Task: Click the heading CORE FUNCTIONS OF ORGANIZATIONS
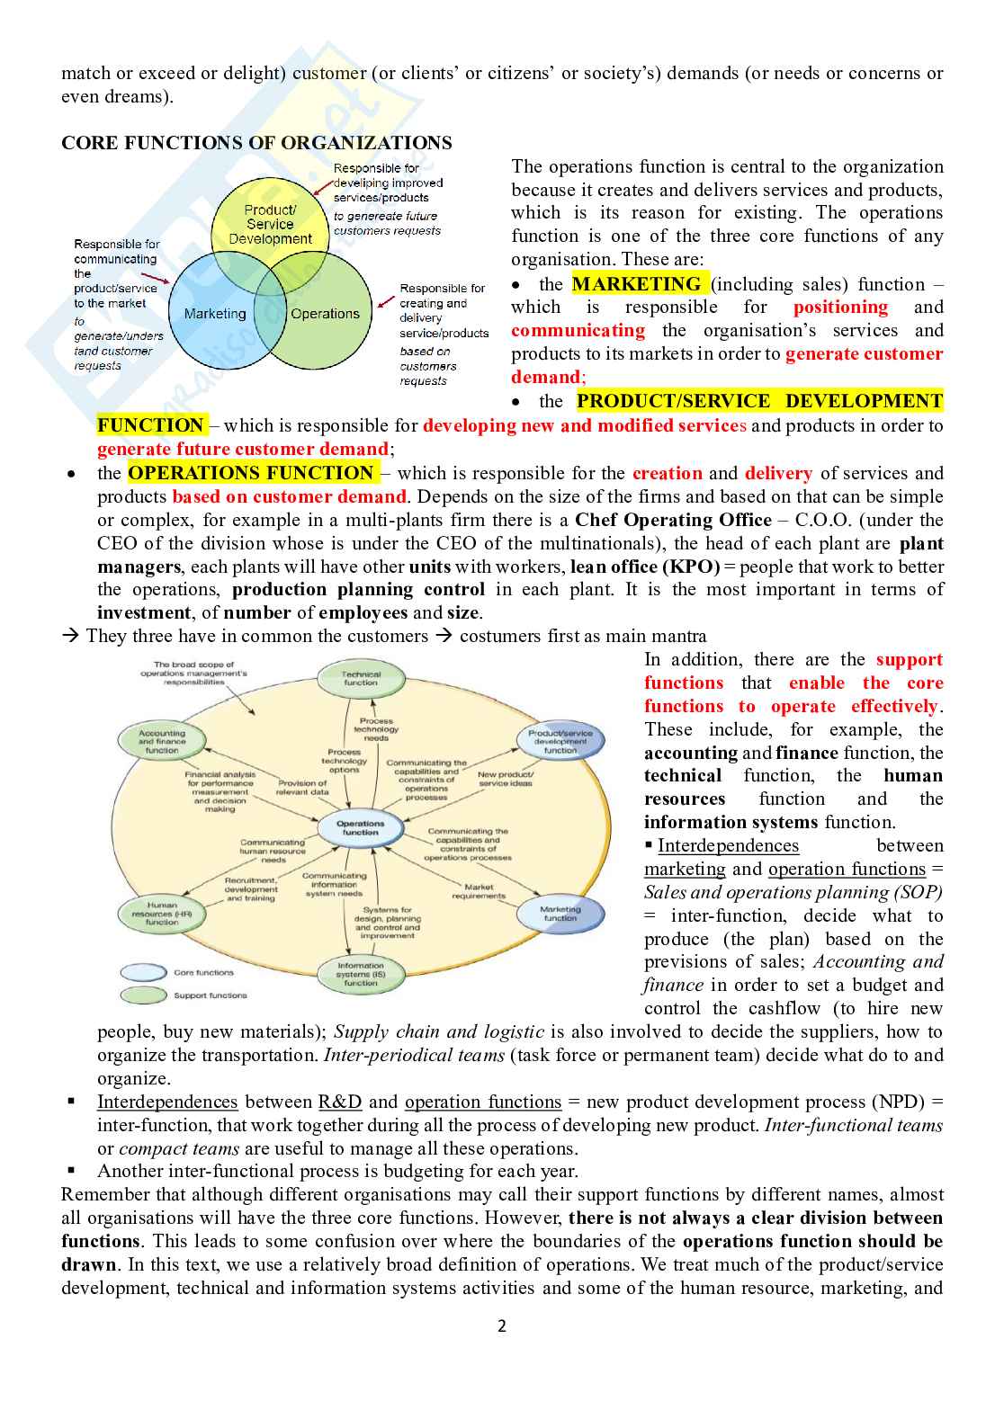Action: (256, 143)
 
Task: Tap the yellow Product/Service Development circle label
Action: (270, 224)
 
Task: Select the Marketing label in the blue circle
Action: (214, 314)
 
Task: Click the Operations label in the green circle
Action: (325, 314)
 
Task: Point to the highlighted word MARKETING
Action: (637, 284)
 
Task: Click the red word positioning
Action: (840, 308)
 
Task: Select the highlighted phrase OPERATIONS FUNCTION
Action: (251, 473)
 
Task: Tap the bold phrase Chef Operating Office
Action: (673, 520)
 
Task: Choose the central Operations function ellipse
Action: (360, 827)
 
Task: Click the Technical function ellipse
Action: (361, 678)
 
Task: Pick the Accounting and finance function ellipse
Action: (162, 741)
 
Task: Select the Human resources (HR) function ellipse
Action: (162, 913)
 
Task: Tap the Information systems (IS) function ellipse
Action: (361, 974)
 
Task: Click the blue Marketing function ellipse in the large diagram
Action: (560, 914)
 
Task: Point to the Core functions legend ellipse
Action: (143, 972)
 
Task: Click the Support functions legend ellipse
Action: (143, 995)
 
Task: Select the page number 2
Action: (502, 1325)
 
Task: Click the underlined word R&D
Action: (340, 1102)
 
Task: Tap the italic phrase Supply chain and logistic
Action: (439, 1031)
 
